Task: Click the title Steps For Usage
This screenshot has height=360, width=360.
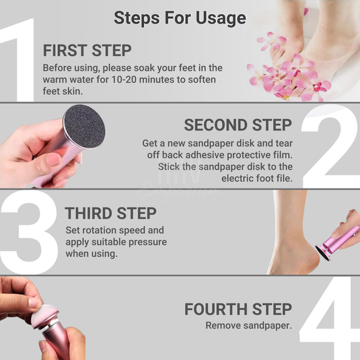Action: click(x=180, y=18)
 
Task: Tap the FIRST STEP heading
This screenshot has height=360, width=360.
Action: click(x=87, y=50)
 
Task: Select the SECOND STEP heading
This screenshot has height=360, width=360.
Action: click(x=238, y=125)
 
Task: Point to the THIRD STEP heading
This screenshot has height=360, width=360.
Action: click(x=110, y=213)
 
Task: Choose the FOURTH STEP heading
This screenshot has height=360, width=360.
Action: click(x=238, y=309)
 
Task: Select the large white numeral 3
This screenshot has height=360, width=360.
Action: click(x=29, y=232)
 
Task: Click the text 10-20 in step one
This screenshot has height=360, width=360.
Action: click(x=124, y=79)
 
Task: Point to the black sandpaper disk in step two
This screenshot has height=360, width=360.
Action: click(x=84, y=127)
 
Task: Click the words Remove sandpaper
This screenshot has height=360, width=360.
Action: click(x=249, y=326)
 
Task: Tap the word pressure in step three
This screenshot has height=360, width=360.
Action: click(x=147, y=242)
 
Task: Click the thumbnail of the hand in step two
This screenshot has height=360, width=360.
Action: click(x=54, y=159)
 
